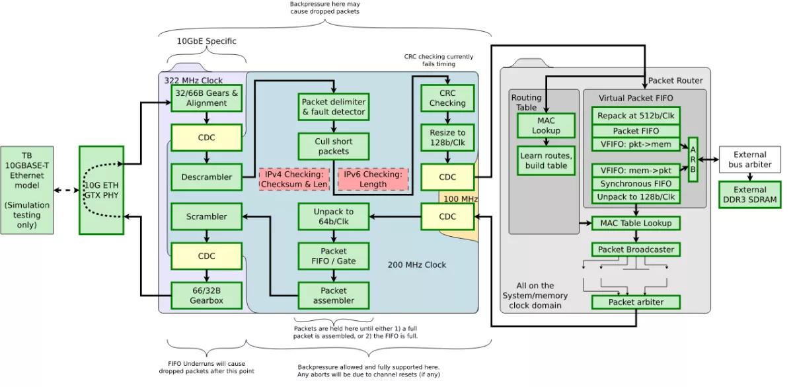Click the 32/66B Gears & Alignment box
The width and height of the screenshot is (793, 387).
pyautogui.click(x=206, y=98)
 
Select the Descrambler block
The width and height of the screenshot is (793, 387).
pyautogui.click(x=206, y=177)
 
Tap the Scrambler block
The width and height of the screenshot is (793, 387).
pyautogui.click(x=206, y=216)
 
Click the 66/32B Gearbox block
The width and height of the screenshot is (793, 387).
pyautogui.click(x=206, y=295)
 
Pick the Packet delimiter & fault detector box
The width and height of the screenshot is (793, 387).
pyautogui.click(x=333, y=107)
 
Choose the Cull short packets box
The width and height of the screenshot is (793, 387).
pyautogui.click(x=333, y=146)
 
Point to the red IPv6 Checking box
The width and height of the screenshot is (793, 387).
pyautogui.click(x=373, y=179)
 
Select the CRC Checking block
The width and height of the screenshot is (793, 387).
pyautogui.click(x=447, y=98)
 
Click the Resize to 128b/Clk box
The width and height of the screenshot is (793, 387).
pyautogui.click(x=447, y=138)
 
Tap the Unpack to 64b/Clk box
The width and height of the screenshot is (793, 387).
pyautogui.click(x=333, y=216)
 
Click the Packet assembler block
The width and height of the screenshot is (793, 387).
pyautogui.click(x=333, y=295)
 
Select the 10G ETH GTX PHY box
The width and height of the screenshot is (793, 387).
pyautogui.click(x=101, y=190)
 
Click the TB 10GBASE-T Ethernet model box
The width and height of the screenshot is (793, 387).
pyautogui.click(x=26, y=190)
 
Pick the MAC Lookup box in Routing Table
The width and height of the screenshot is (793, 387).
pyautogui.click(x=546, y=126)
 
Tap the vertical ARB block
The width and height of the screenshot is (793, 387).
pyautogui.click(x=693, y=159)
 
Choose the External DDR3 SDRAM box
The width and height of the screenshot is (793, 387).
pyautogui.click(x=749, y=194)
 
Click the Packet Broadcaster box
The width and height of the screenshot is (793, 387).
pyautogui.click(x=635, y=249)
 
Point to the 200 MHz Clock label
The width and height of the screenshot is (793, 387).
pyautogui.click(x=416, y=265)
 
